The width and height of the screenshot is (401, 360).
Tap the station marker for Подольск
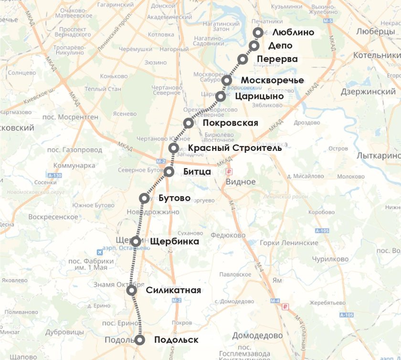(x=140, y=340)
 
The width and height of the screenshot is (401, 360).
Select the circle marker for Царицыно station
(x=221, y=96)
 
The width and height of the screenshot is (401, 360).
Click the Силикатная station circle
(x=132, y=290)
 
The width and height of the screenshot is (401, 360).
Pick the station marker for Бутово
(x=144, y=198)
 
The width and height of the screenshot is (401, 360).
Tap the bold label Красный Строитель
(x=235, y=148)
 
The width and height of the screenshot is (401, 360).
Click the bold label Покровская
(x=230, y=123)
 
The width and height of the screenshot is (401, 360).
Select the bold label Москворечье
(x=272, y=80)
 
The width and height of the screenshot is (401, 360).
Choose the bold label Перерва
(x=277, y=59)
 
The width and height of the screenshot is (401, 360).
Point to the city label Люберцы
(x=373, y=31)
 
